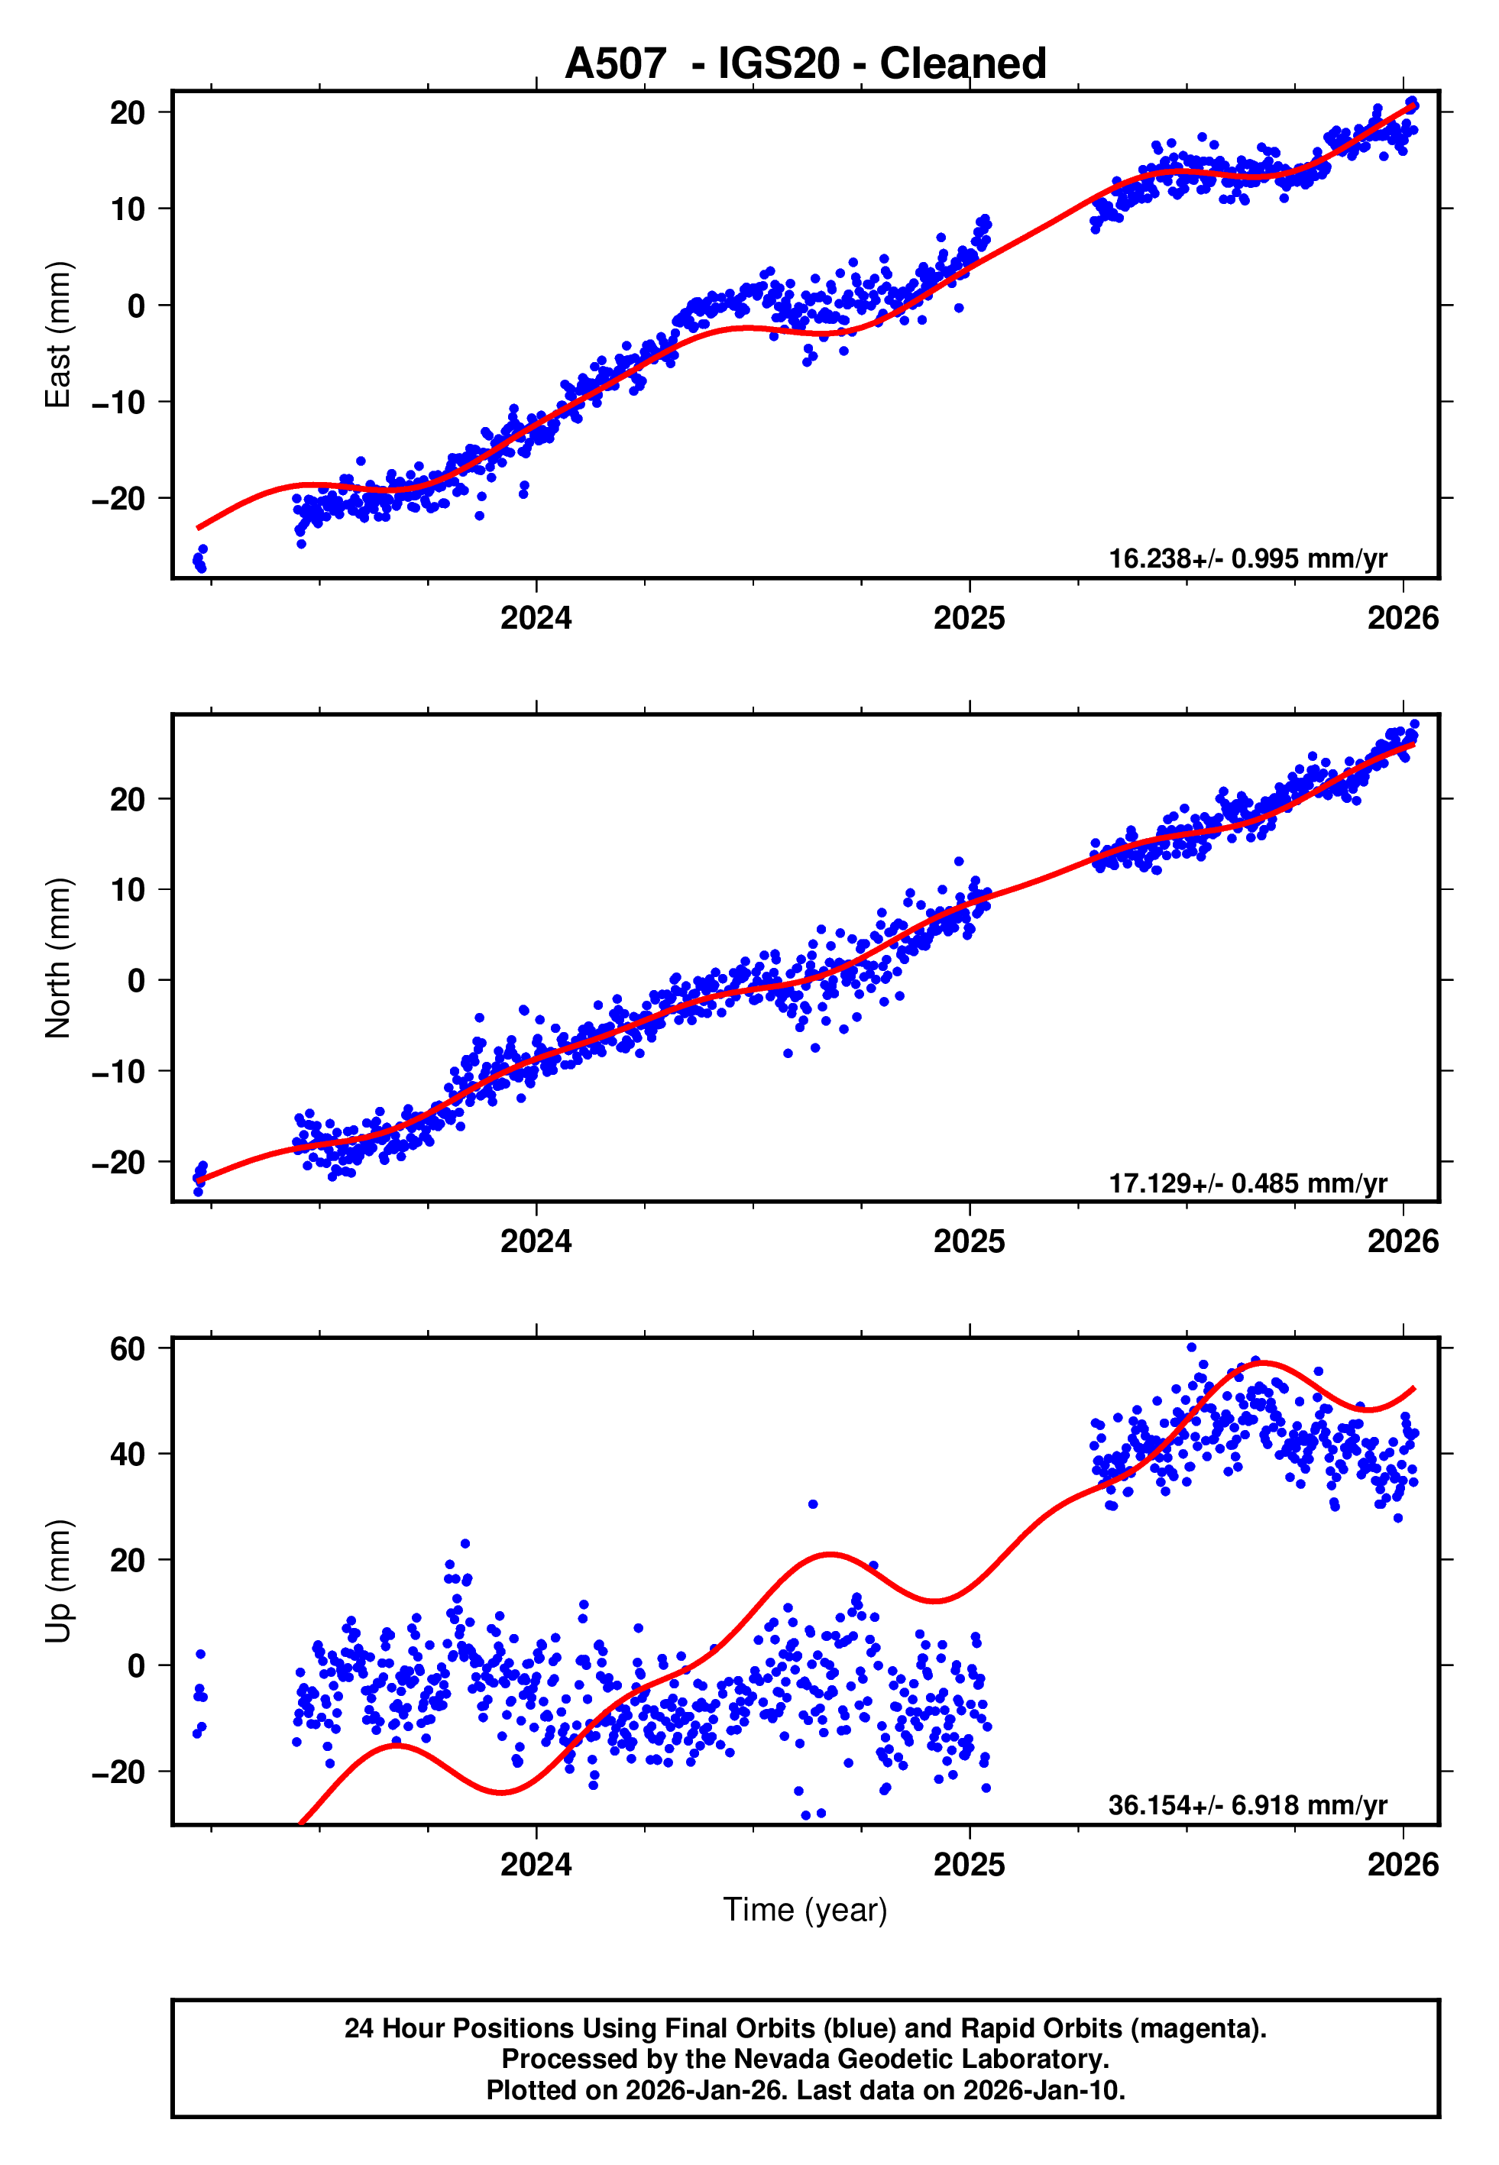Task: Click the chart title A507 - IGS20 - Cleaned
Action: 805,64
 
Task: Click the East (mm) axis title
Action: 58,335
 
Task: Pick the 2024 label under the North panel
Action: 536,1241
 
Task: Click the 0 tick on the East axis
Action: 137,306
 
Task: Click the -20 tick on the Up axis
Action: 118,1772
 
